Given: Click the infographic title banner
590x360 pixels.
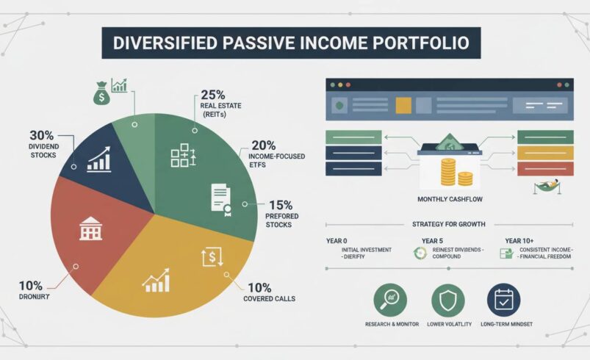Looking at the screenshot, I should pos(291,43).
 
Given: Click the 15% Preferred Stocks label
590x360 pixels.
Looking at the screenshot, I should pos(280,213).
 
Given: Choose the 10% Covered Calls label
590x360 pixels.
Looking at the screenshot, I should pos(269,292).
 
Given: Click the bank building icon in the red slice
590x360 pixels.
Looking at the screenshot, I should pos(90,228).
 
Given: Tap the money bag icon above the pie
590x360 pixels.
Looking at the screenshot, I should pos(100,93).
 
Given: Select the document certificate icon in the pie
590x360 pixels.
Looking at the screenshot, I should pos(221,198).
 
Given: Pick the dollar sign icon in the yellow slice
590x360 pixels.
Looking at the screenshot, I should pos(211,258).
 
